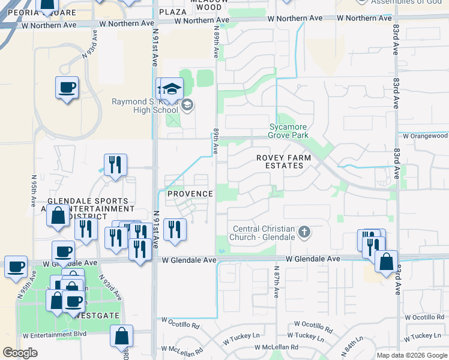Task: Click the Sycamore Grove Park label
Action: tap(289, 131)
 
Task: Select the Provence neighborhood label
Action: tap(190, 194)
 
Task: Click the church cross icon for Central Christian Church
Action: tap(304, 232)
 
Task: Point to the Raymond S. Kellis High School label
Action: tap(145, 106)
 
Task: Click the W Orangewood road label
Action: tap(426, 136)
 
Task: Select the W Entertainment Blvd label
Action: tap(55, 333)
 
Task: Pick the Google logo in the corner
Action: tap(20, 353)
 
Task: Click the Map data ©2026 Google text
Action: tap(412, 355)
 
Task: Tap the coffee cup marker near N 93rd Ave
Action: tap(67, 88)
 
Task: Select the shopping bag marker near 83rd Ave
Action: tap(386, 262)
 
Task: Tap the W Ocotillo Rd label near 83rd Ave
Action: tap(424, 317)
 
